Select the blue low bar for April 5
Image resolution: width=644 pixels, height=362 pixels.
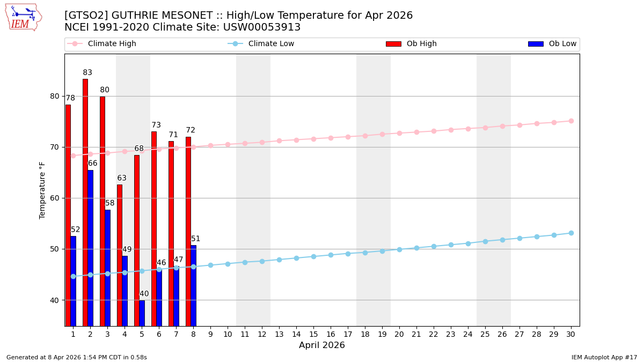coord(142,313)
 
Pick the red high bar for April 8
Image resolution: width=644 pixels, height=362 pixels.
coord(188,231)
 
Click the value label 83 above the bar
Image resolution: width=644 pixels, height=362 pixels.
coord(87,73)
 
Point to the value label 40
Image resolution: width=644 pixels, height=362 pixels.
coord(144,294)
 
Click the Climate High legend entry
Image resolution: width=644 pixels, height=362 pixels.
coord(112,44)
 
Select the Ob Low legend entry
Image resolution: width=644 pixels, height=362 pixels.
coord(562,44)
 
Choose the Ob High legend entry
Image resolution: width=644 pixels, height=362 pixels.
coord(421,44)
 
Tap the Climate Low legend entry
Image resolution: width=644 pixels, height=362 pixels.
coord(271,44)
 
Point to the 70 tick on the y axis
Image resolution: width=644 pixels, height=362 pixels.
coord(55,147)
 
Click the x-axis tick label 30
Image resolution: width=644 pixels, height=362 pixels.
coord(571,334)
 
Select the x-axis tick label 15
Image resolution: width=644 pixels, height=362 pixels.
coord(313,334)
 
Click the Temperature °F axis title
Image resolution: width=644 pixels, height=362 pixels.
coord(43,190)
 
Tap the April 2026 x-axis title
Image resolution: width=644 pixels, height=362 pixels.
coord(322,346)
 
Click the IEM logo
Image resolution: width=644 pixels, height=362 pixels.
coord(23,17)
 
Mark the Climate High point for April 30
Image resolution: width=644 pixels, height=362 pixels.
coord(571,121)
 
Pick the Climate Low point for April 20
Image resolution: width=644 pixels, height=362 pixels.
coord(399,249)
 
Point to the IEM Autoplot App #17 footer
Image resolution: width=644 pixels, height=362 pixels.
coord(604,357)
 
